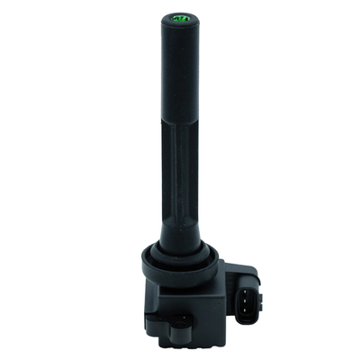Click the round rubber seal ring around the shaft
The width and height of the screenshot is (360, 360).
click(x=180, y=261)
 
